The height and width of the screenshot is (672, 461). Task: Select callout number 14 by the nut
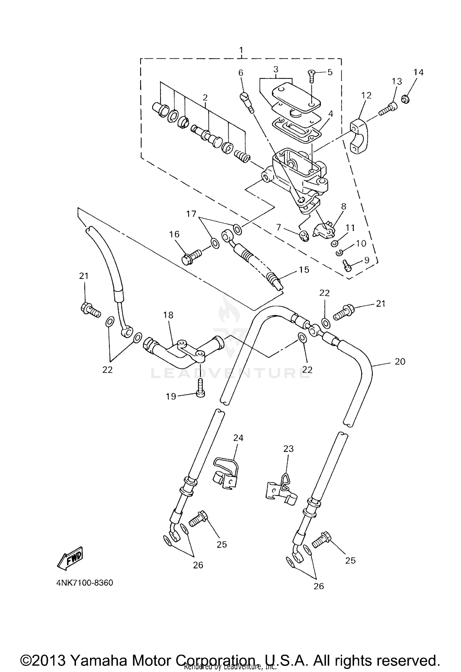(418, 72)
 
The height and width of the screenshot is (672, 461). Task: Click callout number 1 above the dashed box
(241, 50)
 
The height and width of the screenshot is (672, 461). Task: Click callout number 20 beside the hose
(400, 362)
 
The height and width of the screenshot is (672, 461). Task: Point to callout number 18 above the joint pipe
(168, 315)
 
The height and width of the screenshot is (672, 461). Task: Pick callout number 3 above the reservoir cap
(276, 69)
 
